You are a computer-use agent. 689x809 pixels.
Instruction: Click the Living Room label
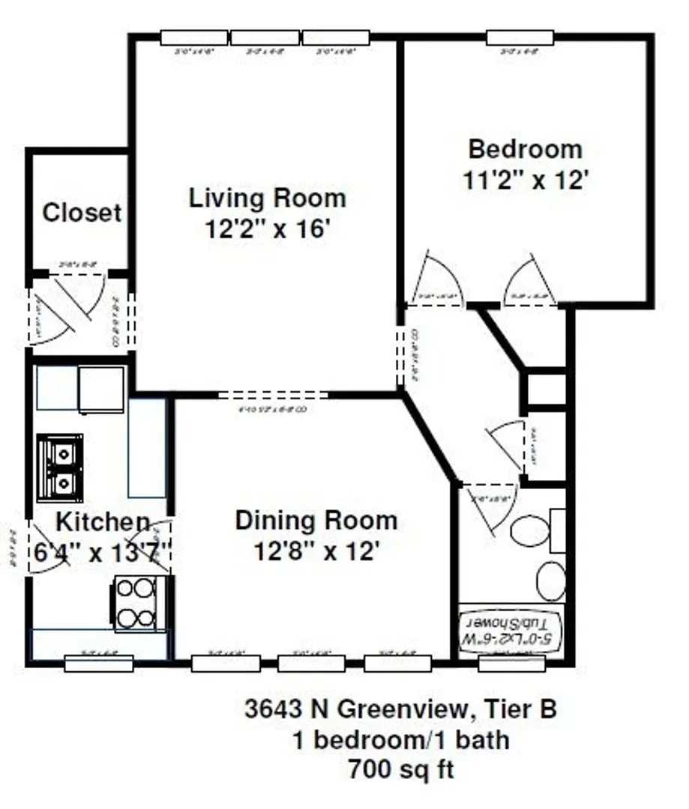point(267,199)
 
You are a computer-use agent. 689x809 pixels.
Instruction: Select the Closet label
point(82,213)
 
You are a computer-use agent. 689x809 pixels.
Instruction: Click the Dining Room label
point(316,520)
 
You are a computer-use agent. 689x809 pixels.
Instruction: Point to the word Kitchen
point(103,522)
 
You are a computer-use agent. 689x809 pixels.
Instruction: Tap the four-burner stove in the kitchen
point(136,604)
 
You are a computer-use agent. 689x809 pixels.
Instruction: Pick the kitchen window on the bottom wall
point(98,663)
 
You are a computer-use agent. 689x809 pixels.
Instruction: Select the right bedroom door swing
point(532,281)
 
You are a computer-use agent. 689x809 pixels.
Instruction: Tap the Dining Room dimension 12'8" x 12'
point(316,552)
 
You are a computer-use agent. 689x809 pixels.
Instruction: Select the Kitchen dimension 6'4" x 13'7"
point(103,554)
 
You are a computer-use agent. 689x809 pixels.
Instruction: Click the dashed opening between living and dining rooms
point(273,394)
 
